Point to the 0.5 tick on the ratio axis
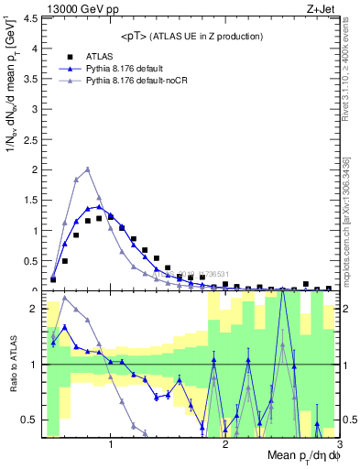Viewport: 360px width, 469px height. (x=30, y=420)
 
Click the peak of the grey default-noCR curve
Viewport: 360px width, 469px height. (x=87, y=169)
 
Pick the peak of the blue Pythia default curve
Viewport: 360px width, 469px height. (x=99, y=206)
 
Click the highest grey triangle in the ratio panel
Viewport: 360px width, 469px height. (x=64, y=297)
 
